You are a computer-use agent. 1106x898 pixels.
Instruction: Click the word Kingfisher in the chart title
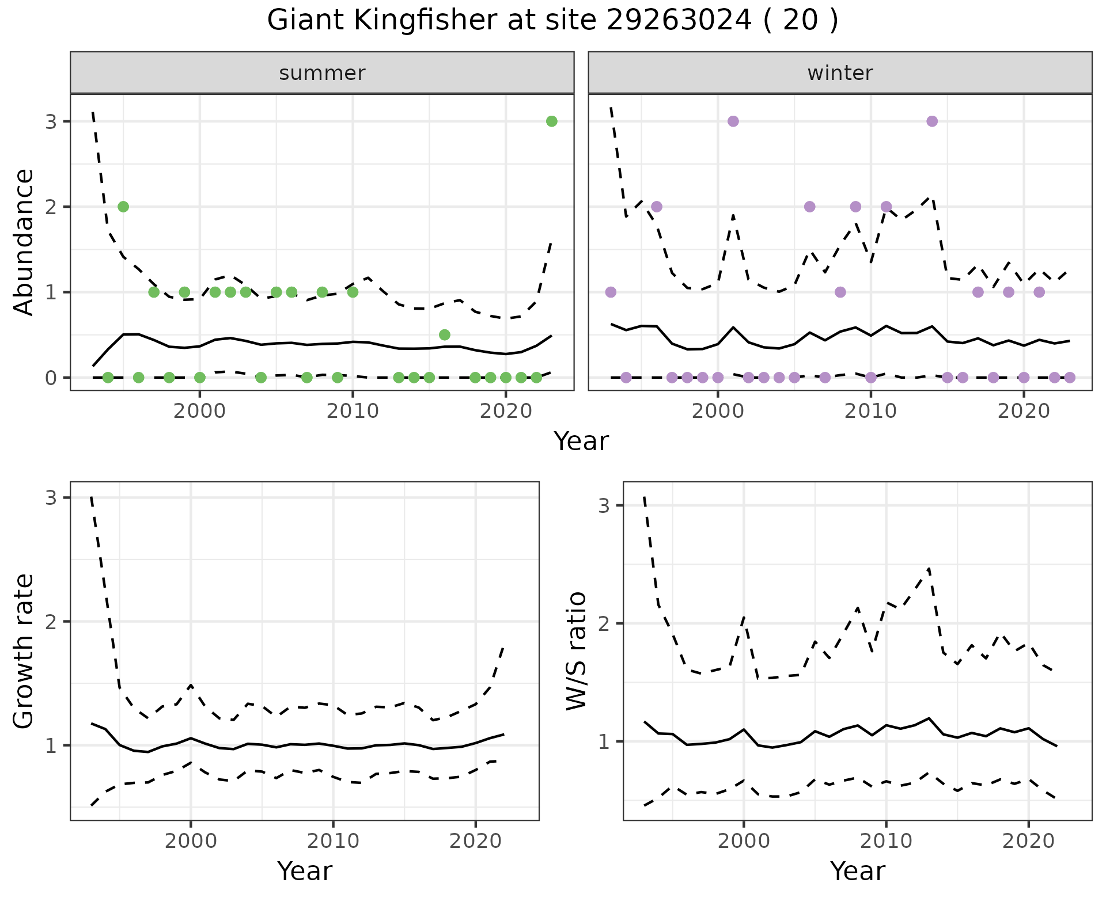pos(418,21)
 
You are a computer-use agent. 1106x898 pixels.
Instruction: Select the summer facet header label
pos(322,73)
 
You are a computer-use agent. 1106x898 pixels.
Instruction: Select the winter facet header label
pos(840,73)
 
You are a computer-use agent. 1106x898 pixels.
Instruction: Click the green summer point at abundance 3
pos(551,121)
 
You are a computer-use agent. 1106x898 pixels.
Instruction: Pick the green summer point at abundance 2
pos(123,207)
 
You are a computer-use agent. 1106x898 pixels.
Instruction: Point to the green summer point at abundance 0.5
pos(444,334)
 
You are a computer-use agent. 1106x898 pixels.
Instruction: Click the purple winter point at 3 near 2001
pos(733,121)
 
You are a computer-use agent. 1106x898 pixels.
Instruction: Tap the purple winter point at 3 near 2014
pos(932,121)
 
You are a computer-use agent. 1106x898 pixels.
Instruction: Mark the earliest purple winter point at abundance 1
pos(611,292)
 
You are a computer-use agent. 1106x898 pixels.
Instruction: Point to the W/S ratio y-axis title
pos(577,651)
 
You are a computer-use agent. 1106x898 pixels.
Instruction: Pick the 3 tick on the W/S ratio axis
pos(603,505)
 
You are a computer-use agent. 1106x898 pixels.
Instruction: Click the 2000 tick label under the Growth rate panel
pos(191,841)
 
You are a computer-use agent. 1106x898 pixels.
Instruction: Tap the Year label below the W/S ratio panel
pos(857,872)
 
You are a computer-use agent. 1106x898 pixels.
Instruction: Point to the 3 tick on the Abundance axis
pos(51,121)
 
